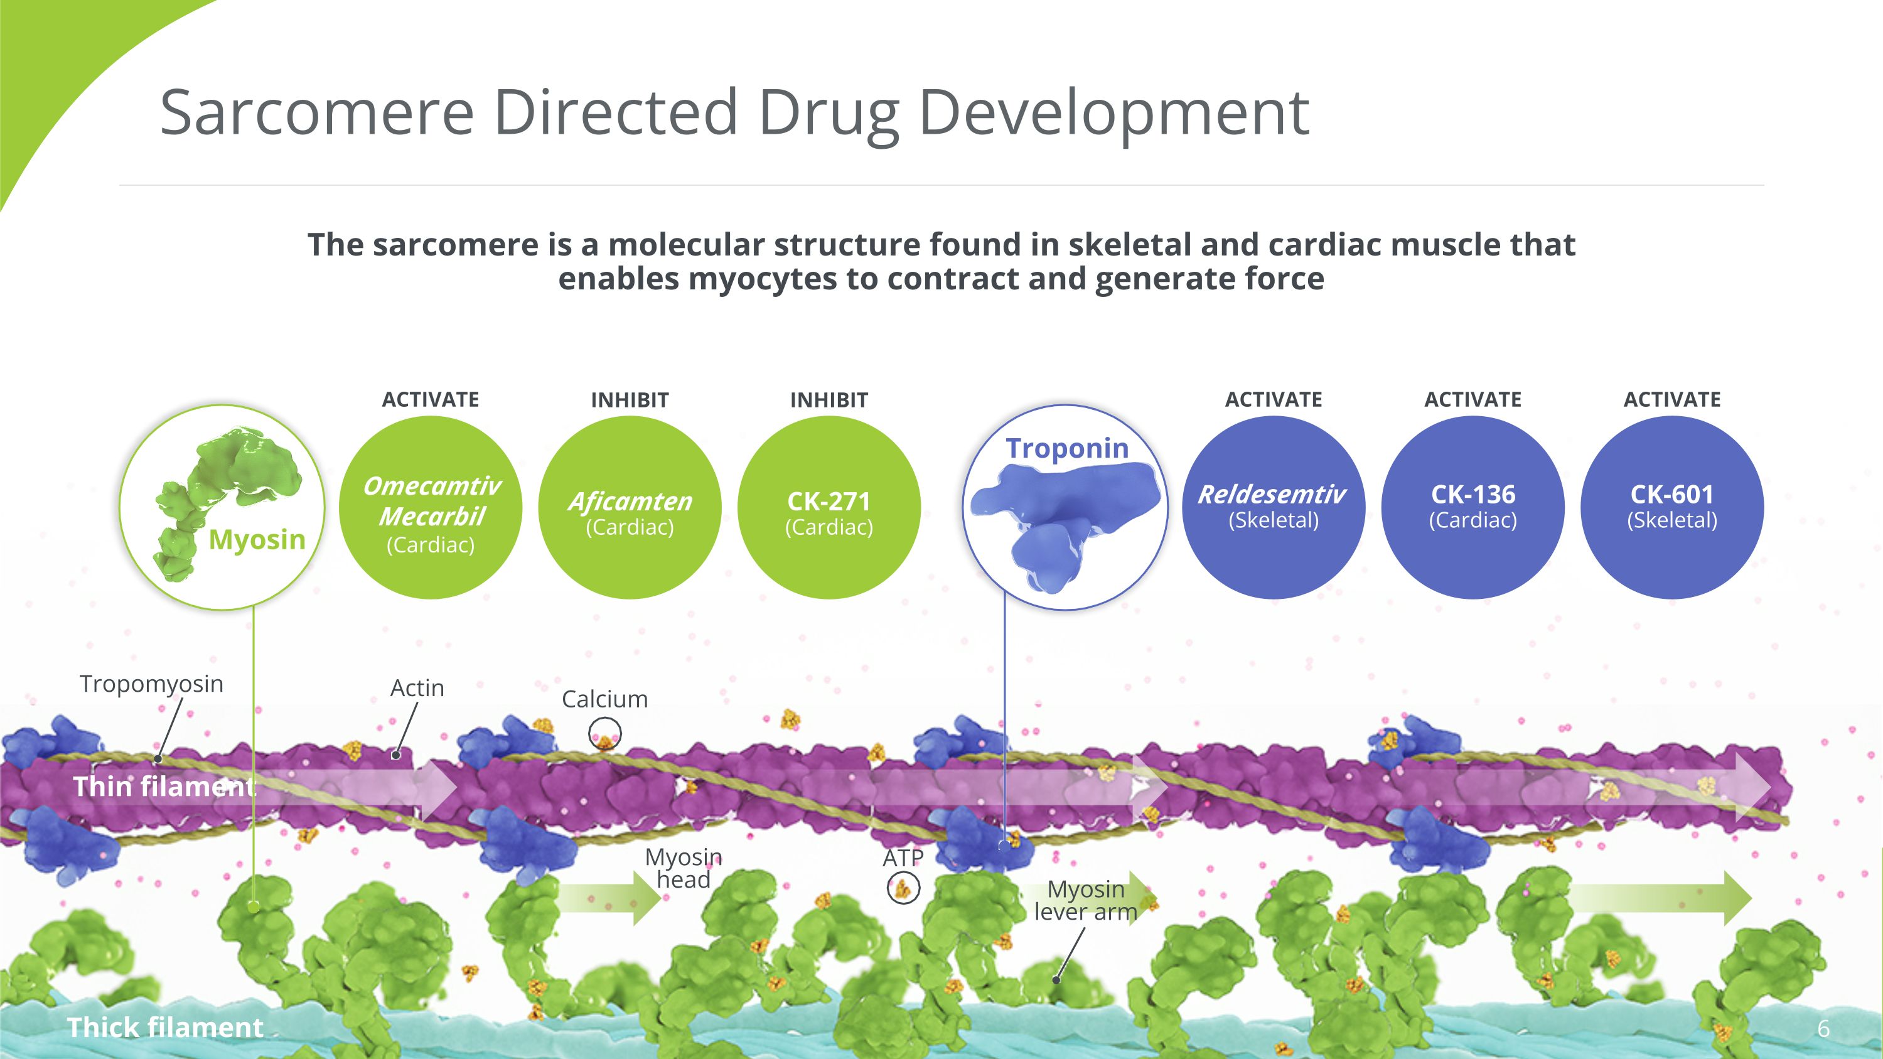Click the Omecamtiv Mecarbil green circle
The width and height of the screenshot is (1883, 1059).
(431, 508)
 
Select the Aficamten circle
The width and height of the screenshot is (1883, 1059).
(630, 508)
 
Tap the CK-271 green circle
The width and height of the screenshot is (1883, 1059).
(829, 508)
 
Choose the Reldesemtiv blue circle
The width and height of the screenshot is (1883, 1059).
(1274, 508)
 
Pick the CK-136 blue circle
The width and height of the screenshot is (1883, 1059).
(1473, 508)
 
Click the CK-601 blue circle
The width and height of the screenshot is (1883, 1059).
(1671, 508)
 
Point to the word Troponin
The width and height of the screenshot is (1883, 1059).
(1066, 448)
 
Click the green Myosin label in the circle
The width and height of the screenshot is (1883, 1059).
(257, 539)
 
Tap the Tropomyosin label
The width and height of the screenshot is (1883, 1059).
(151, 684)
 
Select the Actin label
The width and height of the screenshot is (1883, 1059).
(417, 688)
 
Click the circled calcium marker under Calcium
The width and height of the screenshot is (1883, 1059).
(604, 734)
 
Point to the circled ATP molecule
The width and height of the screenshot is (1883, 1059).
(903, 889)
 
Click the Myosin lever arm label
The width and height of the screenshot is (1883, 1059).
(1085, 900)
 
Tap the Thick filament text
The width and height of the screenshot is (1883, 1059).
(164, 1027)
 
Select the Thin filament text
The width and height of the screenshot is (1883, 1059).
(164, 787)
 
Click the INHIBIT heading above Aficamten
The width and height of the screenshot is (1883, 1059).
(630, 400)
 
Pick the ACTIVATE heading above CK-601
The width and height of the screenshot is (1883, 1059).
(1671, 400)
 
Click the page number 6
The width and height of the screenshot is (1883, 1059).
(1823, 1029)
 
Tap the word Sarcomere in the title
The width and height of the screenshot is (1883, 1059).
(316, 112)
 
